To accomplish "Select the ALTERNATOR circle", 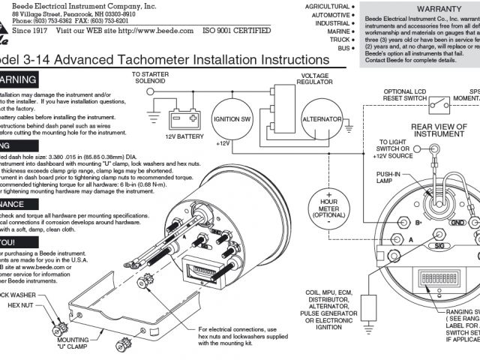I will (322, 119).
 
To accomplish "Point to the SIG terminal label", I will (434, 245).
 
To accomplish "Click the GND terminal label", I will (457, 223).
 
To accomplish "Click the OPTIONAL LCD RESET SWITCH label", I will (404, 95).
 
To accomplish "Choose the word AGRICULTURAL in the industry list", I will (327, 6).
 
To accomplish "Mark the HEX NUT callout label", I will (21, 306).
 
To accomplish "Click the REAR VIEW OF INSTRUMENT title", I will (439, 131).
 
